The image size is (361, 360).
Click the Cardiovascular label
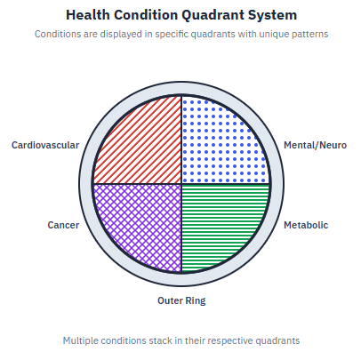click(44, 145)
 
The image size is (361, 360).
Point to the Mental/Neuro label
click(315, 145)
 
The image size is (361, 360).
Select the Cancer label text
click(63, 225)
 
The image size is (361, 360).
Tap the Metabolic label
click(305, 225)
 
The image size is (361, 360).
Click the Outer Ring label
click(181, 300)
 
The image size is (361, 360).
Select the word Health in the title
click(89, 15)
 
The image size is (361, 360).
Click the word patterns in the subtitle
click(305, 34)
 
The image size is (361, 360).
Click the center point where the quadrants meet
click(181, 184)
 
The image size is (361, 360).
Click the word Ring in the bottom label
click(195, 300)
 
